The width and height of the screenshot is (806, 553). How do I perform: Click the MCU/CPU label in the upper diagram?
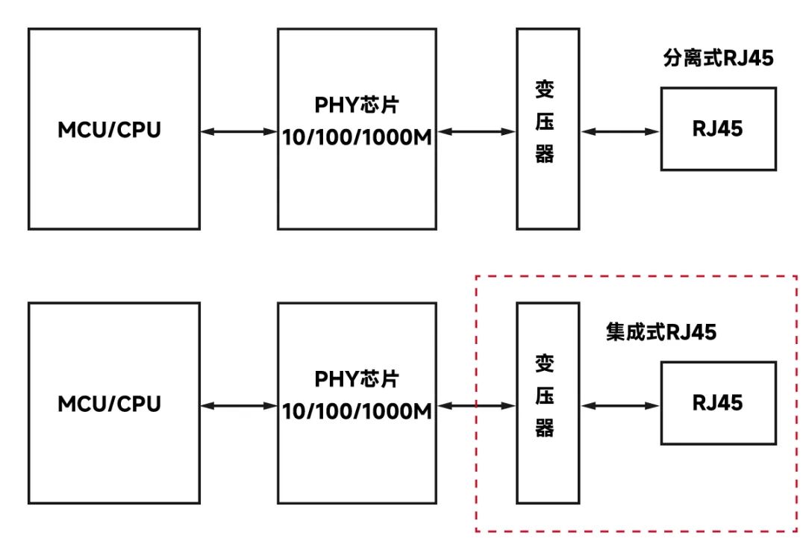click(x=110, y=130)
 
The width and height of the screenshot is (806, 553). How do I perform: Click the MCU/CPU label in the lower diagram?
click(x=110, y=404)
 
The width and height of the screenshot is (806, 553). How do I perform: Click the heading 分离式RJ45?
click(x=718, y=59)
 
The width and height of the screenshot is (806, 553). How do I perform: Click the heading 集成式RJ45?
click(x=660, y=332)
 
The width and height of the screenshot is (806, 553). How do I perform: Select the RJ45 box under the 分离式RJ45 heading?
click(x=718, y=129)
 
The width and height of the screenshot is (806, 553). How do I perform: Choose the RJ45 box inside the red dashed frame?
click(x=718, y=403)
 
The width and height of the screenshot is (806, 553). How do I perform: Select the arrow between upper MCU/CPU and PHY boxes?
click(x=239, y=131)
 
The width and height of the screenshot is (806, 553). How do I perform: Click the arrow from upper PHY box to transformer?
click(x=475, y=131)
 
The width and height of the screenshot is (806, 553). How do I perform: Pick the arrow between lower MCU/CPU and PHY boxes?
click(x=239, y=406)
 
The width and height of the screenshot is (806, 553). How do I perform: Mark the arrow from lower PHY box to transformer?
click(x=475, y=406)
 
